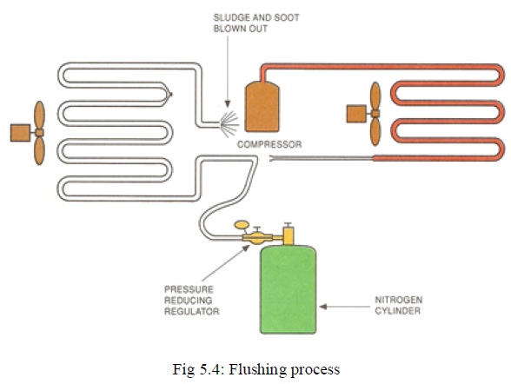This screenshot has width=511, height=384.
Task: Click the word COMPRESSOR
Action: point(269,145)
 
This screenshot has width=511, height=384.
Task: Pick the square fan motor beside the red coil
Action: point(355,114)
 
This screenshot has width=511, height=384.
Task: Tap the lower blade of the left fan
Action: point(39,149)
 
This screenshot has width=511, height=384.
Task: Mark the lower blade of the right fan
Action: point(376,130)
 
